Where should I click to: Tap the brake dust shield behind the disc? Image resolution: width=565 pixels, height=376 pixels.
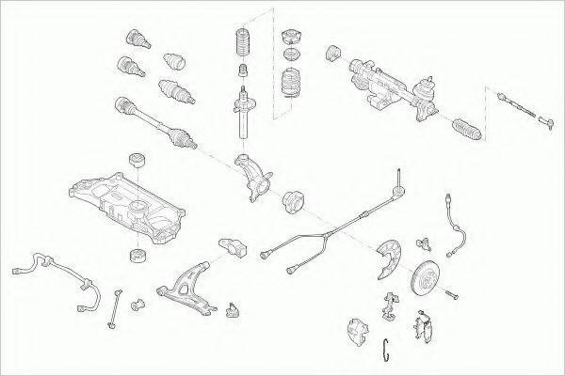point(392,258)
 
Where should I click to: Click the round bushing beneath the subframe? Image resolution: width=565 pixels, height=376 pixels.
point(137,255)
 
